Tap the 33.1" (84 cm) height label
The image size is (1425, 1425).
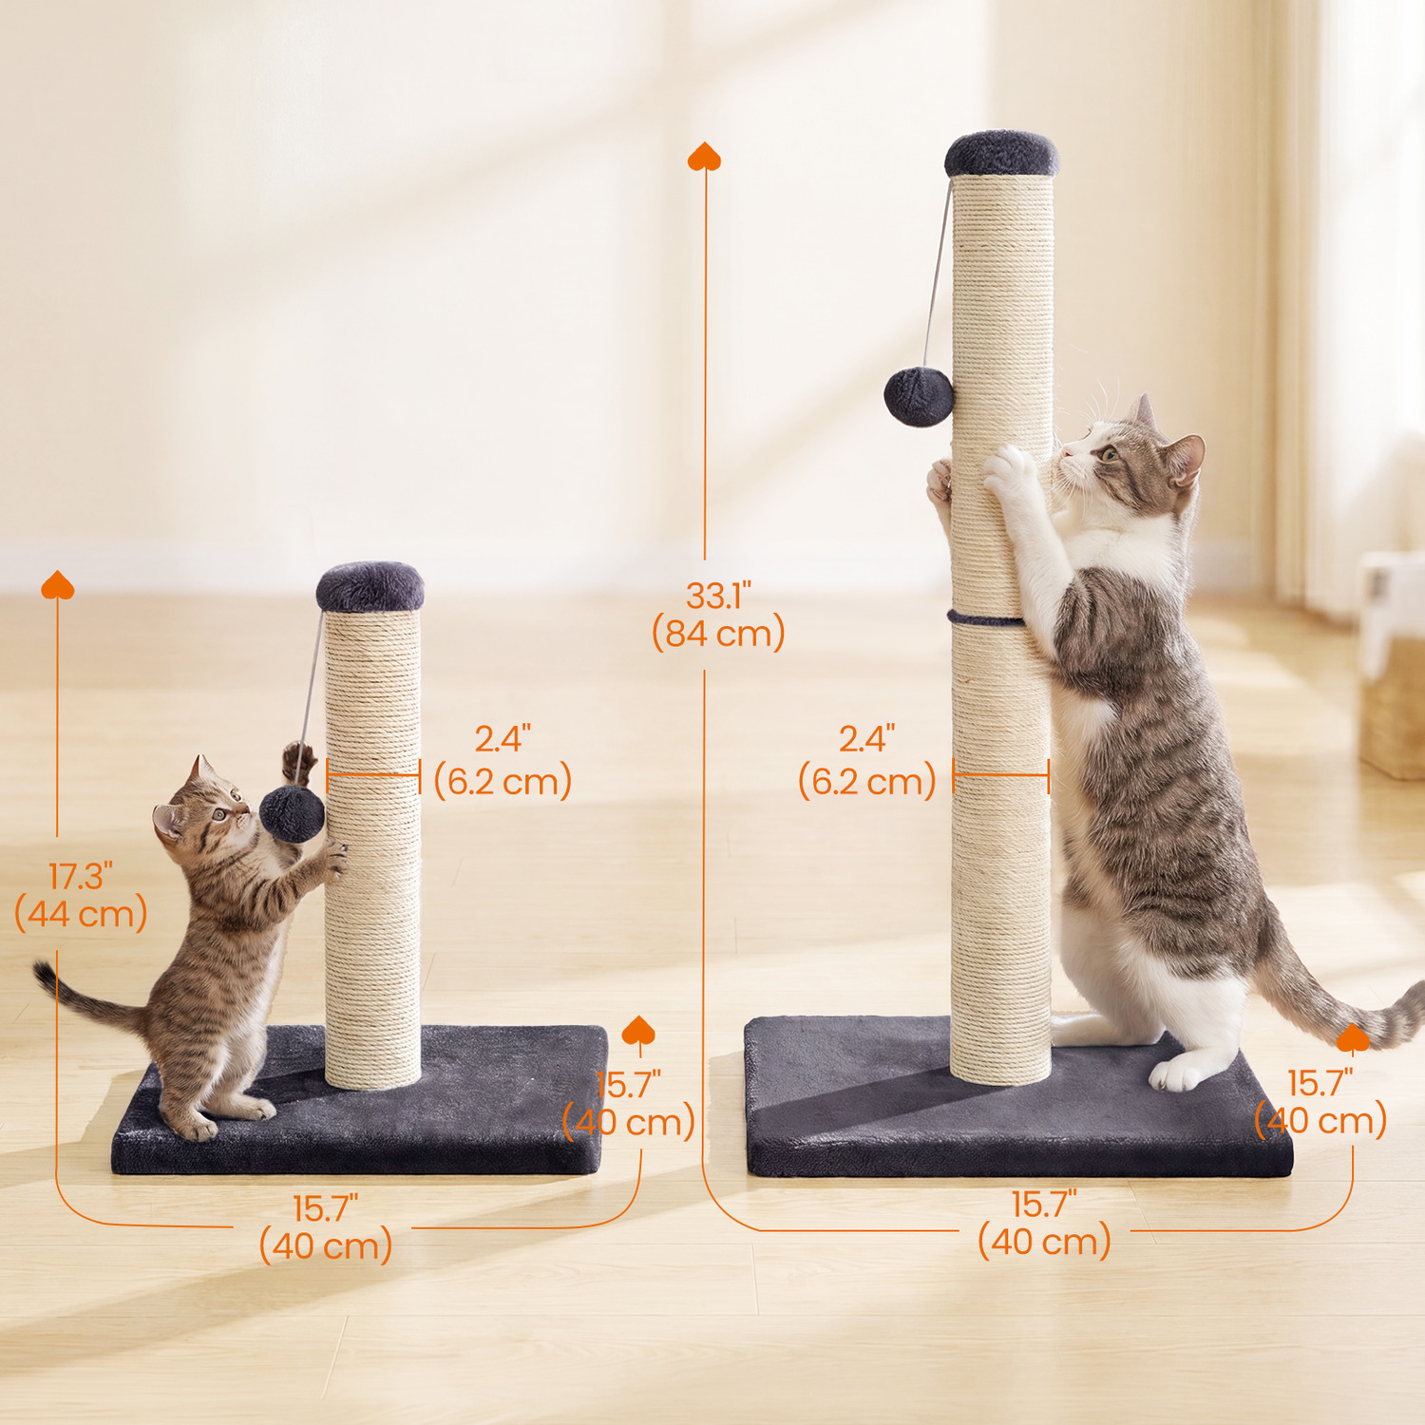click(718, 616)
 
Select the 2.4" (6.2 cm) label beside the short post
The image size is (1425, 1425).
click(503, 762)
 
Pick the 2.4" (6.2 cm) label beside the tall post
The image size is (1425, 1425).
click(866, 762)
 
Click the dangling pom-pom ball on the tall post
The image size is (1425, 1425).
click(919, 397)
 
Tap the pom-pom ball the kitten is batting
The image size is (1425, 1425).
click(293, 814)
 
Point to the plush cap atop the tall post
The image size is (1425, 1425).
click(1001, 155)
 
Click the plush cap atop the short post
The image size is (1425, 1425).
click(370, 587)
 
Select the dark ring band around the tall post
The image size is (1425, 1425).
click(984, 619)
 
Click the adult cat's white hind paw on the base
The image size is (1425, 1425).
click(1178, 1073)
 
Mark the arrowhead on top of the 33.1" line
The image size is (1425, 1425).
click(704, 157)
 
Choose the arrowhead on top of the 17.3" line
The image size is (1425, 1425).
click(57, 585)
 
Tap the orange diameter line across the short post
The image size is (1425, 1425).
click(373, 775)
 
